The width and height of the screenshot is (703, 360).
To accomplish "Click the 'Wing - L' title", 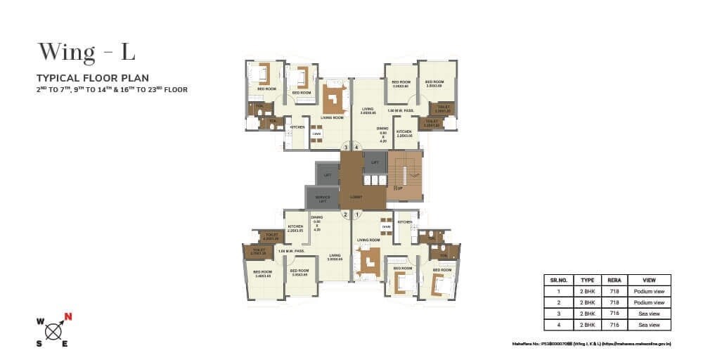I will click(86, 52).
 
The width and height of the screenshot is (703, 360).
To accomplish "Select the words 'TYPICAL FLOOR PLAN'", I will click(93, 78).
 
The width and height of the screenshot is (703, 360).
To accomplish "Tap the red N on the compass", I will click(67, 315).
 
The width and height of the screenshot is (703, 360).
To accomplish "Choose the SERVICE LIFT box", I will click(323, 198).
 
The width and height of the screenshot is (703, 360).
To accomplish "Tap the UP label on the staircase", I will click(398, 188).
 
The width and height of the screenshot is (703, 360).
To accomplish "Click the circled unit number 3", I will click(346, 147).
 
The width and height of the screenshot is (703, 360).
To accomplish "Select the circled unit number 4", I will click(357, 147).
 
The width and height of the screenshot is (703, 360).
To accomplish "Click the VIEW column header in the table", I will click(649, 280).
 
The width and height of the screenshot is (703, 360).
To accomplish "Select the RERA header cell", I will click(614, 280).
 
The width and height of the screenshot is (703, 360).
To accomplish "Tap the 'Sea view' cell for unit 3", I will click(649, 314).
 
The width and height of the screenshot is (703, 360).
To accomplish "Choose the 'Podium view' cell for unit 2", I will click(649, 302).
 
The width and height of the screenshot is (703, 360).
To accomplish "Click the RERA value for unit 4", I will click(614, 325).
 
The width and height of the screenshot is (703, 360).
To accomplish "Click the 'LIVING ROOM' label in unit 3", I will click(332, 117).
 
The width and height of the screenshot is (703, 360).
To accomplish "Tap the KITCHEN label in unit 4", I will click(404, 131).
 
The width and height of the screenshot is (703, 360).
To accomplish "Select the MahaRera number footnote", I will click(592, 345).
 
